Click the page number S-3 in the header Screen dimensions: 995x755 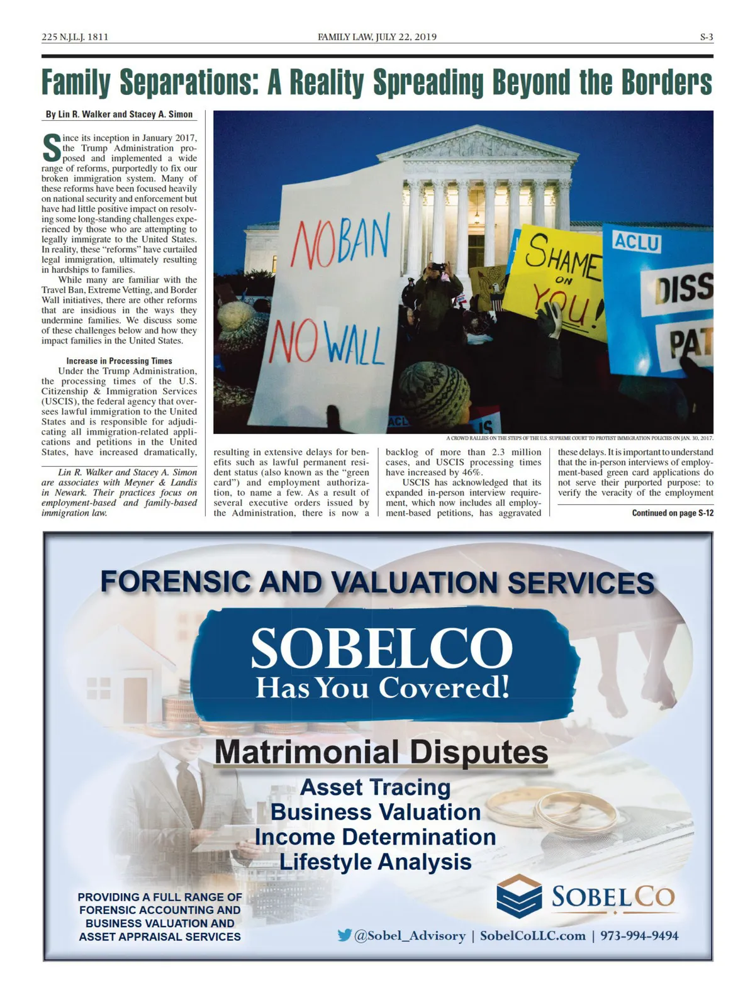point(706,37)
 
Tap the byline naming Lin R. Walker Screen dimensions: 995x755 point(119,114)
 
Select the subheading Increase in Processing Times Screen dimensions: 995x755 point(119,361)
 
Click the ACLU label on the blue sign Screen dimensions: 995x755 point(637,242)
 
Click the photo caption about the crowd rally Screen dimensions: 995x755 point(579,438)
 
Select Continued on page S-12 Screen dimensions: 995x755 point(672,513)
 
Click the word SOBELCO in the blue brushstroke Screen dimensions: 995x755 point(382,648)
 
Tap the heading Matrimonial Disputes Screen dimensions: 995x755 point(381,752)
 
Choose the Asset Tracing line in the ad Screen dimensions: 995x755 point(376,787)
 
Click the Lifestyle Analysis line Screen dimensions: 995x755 point(376,862)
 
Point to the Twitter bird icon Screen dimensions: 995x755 point(344,935)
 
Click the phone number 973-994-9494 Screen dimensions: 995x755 point(639,936)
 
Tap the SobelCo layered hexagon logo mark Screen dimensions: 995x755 point(519,896)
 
